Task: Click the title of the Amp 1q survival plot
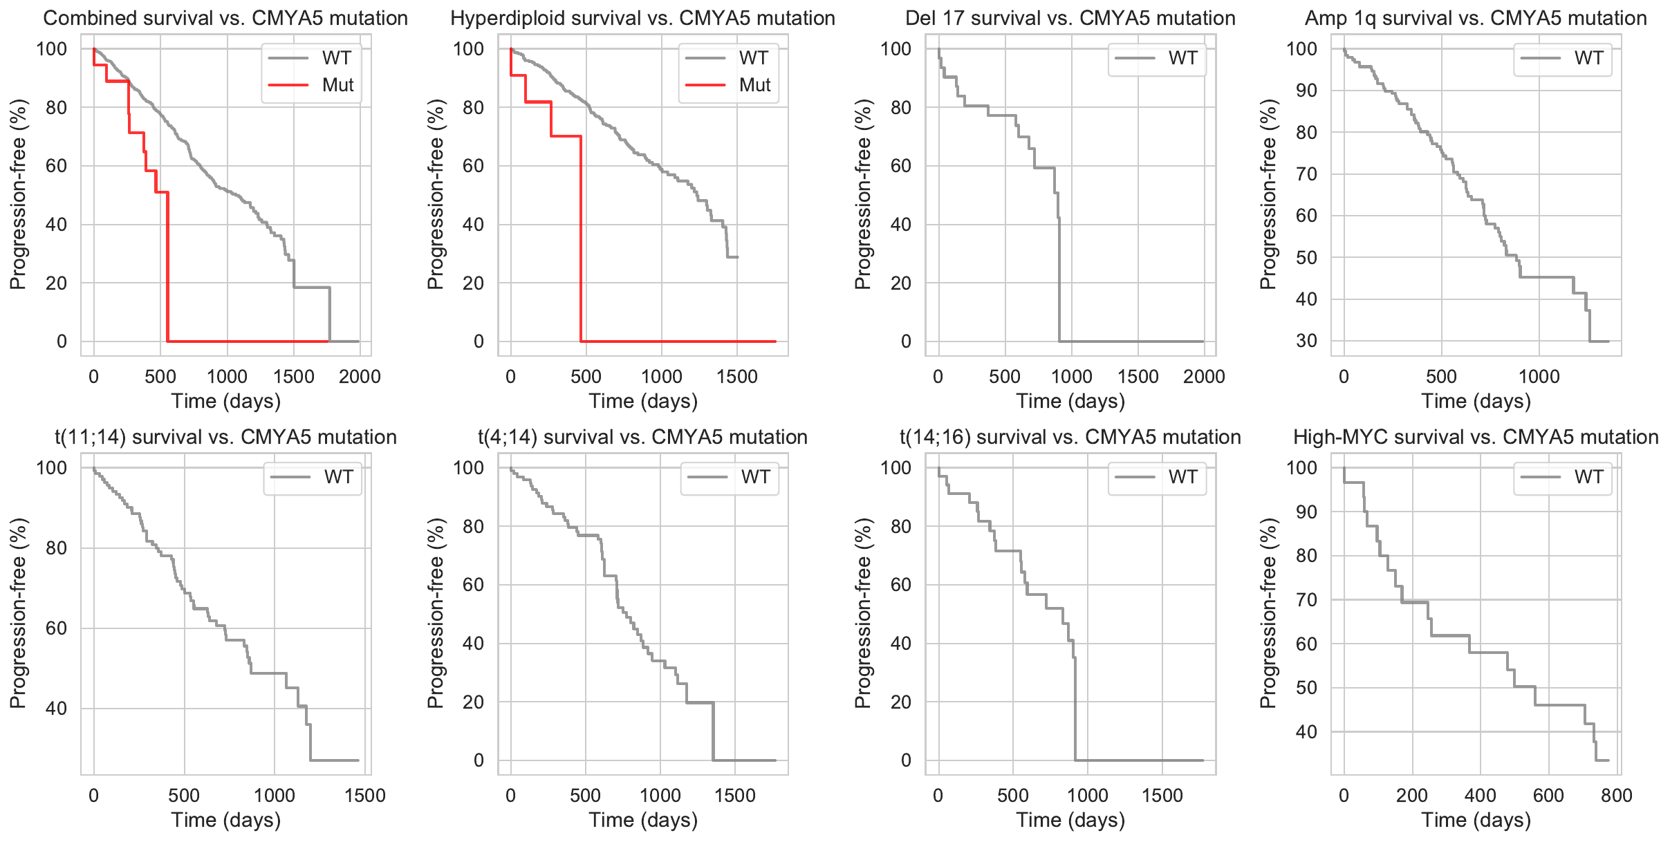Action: (x=1476, y=18)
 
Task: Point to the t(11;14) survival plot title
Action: (x=225, y=437)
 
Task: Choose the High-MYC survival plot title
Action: (x=1476, y=437)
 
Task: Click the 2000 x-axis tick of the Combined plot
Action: (x=360, y=377)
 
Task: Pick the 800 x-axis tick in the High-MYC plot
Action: (x=1616, y=796)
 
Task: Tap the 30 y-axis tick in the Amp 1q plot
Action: (x=1306, y=341)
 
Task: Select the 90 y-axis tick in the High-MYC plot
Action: (x=1306, y=512)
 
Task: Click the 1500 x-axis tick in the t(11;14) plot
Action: (x=364, y=796)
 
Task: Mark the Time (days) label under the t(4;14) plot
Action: (x=643, y=820)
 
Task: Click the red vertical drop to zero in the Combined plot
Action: (x=167, y=270)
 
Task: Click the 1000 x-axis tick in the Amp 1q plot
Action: (x=1539, y=377)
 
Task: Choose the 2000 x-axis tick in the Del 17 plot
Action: (x=1204, y=377)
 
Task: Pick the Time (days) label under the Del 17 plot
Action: (x=1070, y=401)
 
